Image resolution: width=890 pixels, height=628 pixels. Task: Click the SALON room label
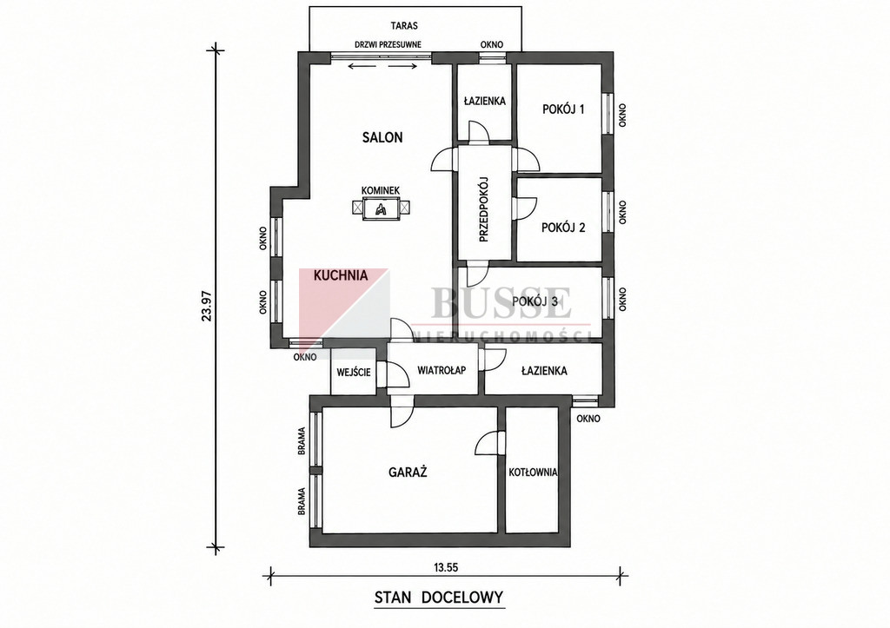(382, 136)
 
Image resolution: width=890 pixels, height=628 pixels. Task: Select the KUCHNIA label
(341, 275)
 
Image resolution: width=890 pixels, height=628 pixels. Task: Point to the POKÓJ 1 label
(563, 109)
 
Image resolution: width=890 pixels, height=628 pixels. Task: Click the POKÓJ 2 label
(563, 228)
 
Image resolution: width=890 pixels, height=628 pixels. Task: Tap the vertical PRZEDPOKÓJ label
(483, 209)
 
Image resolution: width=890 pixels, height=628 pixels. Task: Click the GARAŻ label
(408, 472)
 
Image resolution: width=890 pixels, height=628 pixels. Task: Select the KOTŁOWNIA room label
(533, 472)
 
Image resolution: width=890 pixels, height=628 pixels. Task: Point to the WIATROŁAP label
(442, 370)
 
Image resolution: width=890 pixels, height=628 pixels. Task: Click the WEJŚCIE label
(354, 372)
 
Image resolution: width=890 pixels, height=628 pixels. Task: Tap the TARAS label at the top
(404, 25)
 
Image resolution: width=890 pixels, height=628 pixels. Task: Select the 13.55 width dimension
(446, 566)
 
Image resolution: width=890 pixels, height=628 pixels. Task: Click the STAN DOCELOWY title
(439, 598)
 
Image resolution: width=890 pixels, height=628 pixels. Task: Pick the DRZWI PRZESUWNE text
(388, 45)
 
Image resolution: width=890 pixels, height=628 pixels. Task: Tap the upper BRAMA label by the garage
(302, 440)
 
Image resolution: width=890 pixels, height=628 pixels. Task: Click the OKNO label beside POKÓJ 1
(622, 115)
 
